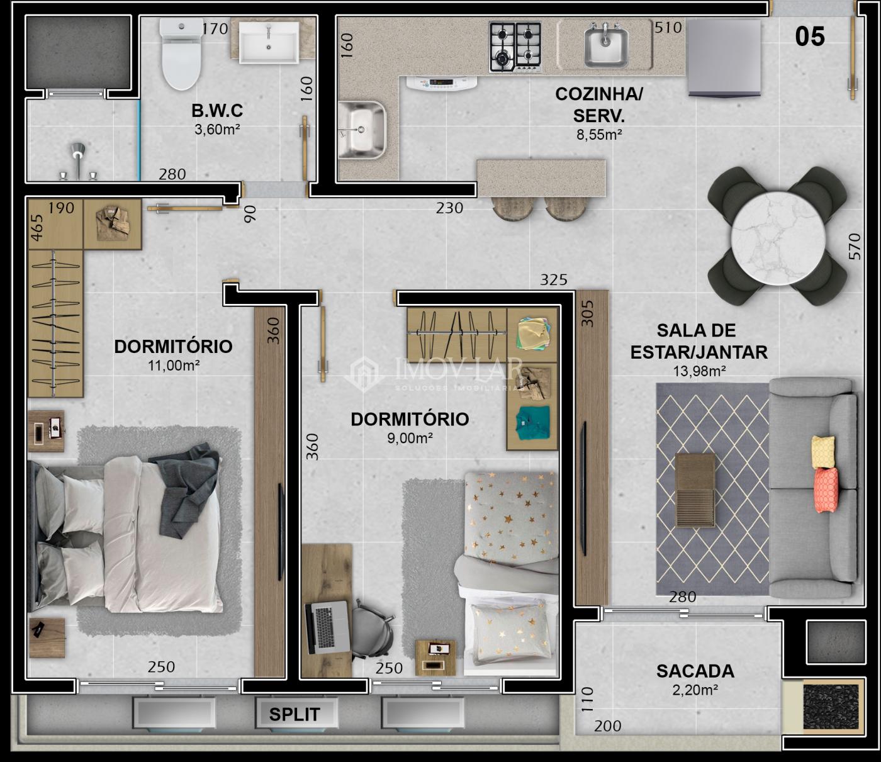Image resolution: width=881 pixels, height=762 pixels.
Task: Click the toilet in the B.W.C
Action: pos(181,53)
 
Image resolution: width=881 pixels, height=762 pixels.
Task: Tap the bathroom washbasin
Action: pos(269,43)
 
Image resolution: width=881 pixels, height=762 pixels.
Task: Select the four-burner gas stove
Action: pos(515,47)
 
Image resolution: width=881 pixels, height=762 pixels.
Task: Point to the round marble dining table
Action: pos(777,238)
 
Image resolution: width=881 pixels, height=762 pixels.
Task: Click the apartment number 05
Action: pos(810,36)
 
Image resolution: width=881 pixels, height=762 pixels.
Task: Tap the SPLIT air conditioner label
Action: pos(295,714)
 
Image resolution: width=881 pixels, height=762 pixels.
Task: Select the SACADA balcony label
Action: pos(695,671)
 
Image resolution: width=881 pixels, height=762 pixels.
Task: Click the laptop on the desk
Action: pos(327,627)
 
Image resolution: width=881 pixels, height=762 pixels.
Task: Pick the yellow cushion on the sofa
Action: pos(823,452)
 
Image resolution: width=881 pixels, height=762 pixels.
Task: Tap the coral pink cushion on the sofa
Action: pos(826,490)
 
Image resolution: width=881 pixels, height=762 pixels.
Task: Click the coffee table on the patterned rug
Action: pos(695,490)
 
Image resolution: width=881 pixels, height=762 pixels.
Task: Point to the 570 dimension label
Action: pos(855,246)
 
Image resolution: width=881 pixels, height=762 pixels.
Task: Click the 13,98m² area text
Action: pos(699,371)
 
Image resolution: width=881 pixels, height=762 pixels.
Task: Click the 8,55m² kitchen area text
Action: pos(599,135)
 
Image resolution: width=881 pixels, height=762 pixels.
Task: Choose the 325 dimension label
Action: pos(554,279)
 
